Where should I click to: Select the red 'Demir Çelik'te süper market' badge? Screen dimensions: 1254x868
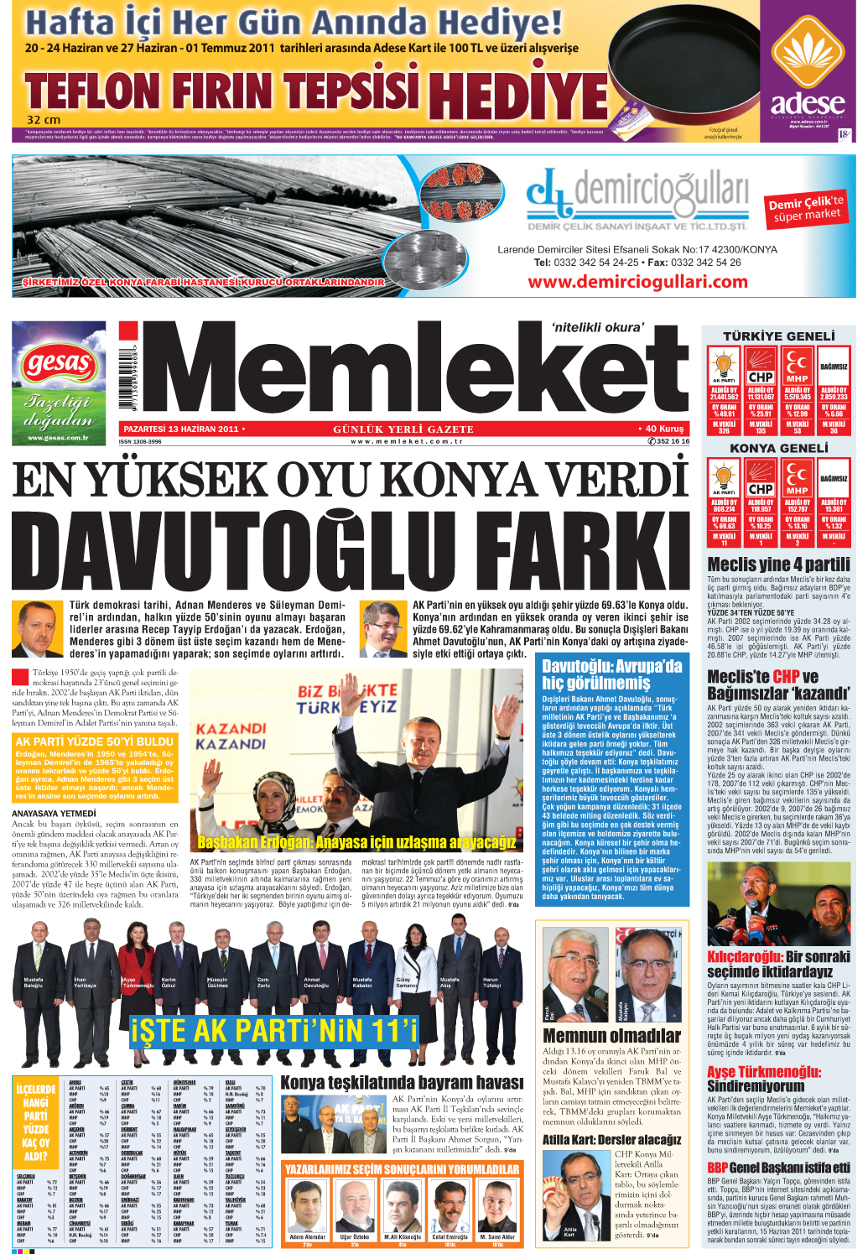(x=806, y=209)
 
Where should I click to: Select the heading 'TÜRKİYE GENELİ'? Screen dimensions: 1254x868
(x=779, y=336)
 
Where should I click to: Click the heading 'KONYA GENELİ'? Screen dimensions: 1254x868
(x=779, y=449)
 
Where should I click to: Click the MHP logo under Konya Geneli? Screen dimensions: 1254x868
(x=797, y=481)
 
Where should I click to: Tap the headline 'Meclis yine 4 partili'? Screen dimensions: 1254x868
(x=778, y=565)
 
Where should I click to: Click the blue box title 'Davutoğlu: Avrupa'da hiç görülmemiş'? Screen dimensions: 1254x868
(x=611, y=674)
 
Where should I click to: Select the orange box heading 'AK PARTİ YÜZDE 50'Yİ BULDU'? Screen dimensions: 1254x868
(x=95, y=741)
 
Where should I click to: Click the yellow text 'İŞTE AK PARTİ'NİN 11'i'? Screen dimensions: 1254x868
(x=273, y=1031)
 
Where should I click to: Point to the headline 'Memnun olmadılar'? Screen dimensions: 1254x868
(x=611, y=1036)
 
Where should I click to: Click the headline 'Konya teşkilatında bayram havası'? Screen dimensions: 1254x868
(x=401, y=1083)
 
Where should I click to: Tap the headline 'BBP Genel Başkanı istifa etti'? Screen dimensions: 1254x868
(x=778, y=1168)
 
